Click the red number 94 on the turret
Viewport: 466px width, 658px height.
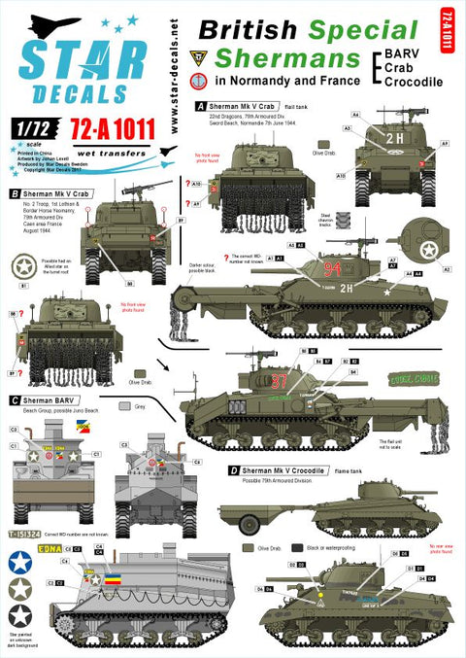pyautogui.click(x=333, y=268)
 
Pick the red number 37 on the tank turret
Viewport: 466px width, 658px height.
pyautogui.click(x=280, y=379)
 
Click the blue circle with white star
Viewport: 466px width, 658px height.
pyautogui.click(x=19, y=562)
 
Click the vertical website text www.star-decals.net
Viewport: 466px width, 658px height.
pyautogui.click(x=159, y=68)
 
